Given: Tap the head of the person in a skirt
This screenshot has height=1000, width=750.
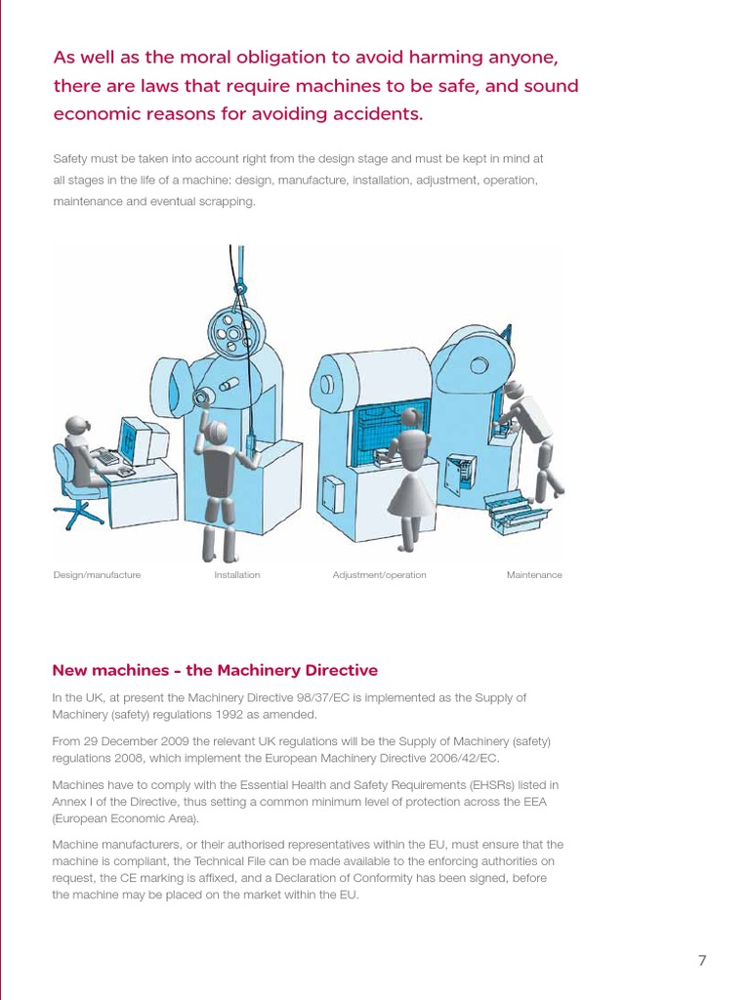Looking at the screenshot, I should pos(411,419).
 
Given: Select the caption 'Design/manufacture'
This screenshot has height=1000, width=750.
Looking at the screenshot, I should pos(97,575).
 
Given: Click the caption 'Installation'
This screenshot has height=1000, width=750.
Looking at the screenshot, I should pos(237,575).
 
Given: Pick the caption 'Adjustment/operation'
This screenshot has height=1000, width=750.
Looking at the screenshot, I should pos(379,575).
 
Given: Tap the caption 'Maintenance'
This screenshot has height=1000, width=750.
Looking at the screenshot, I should pos(534,575).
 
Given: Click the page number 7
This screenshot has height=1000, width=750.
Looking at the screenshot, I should pos(701,960).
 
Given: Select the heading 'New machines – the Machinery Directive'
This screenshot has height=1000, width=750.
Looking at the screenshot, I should pos(214,670).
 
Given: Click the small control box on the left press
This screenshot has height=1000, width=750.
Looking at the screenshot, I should pos(332,493).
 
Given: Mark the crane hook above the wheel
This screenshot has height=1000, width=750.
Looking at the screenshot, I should pos(238,287).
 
